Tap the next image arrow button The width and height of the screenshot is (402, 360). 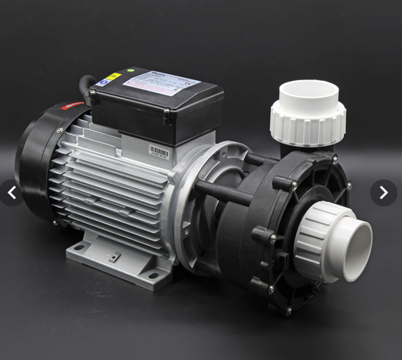(383, 193)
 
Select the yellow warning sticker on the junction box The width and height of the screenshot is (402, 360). (113, 76)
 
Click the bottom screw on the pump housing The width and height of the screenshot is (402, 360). (287, 308)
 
